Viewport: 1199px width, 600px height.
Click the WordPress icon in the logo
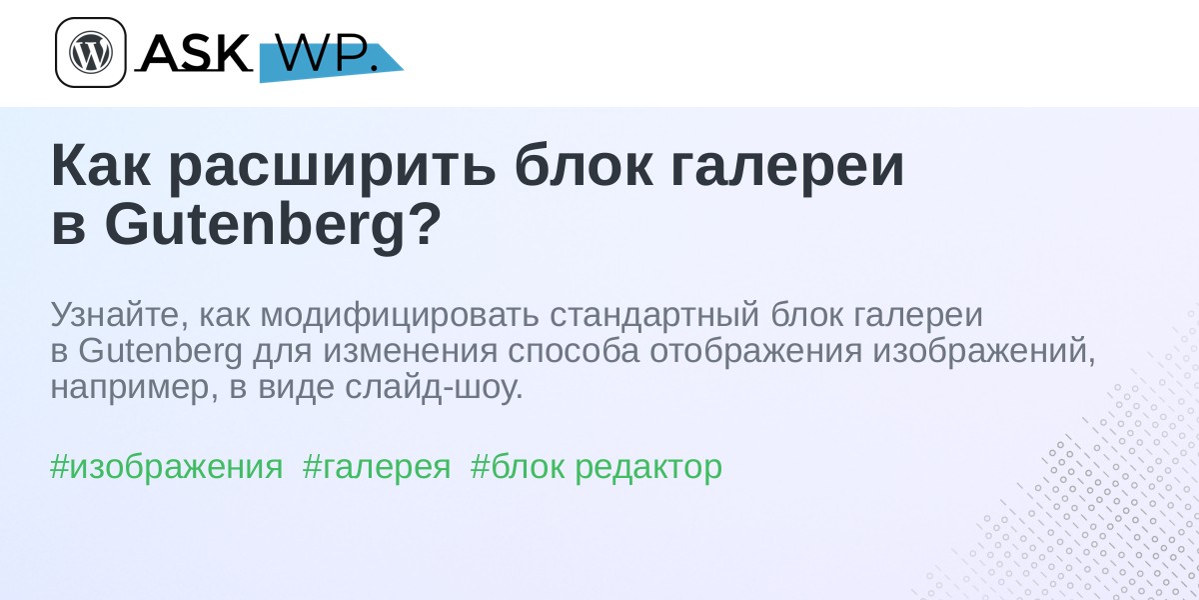pyautogui.click(x=91, y=52)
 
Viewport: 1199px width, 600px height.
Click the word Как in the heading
pyautogui.click(x=100, y=166)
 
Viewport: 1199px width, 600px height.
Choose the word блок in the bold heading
pyautogui.click(x=584, y=166)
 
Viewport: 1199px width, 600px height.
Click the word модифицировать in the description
pyautogui.click(x=400, y=316)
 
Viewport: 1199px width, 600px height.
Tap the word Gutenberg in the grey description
pyautogui.click(x=160, y=351)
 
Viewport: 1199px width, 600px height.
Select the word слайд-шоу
pyautogui.click(x=433, y=387)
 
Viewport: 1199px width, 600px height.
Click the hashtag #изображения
pyautogui.click(x=167, y=467)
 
